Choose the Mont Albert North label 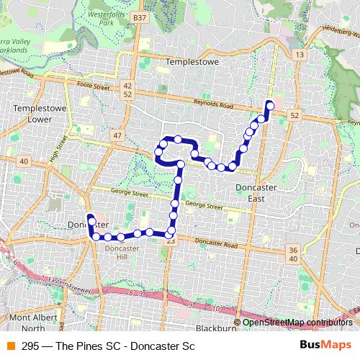(29, 323)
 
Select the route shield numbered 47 (117, 135)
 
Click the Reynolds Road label (215, 105)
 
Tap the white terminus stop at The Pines (270, 104)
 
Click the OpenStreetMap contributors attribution (297, 323)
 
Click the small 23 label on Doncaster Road (170, 242)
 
